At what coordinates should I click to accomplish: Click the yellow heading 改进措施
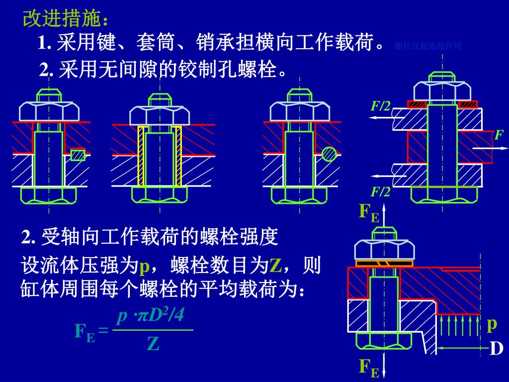coord(65,19)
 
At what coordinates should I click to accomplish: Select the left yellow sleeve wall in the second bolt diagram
coord(141,156)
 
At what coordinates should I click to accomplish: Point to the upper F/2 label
coord(381,105)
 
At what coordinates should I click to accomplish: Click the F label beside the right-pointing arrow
coord(499,135)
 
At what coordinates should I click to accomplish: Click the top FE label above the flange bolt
coord(369,212)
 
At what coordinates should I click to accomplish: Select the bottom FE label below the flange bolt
coord(369,368)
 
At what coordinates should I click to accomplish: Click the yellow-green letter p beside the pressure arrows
coord(492,324)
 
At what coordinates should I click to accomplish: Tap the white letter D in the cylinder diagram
coord(496,349)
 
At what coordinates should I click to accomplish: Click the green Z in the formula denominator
coord(153,344)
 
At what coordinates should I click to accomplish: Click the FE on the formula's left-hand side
coord(85,331)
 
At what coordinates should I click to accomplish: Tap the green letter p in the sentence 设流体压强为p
coord(144,267)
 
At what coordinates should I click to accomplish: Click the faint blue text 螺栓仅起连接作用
coord(428,46)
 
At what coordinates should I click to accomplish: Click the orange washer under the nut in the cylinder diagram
coord(385,263)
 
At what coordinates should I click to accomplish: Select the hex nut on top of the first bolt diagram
coord(49,111)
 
